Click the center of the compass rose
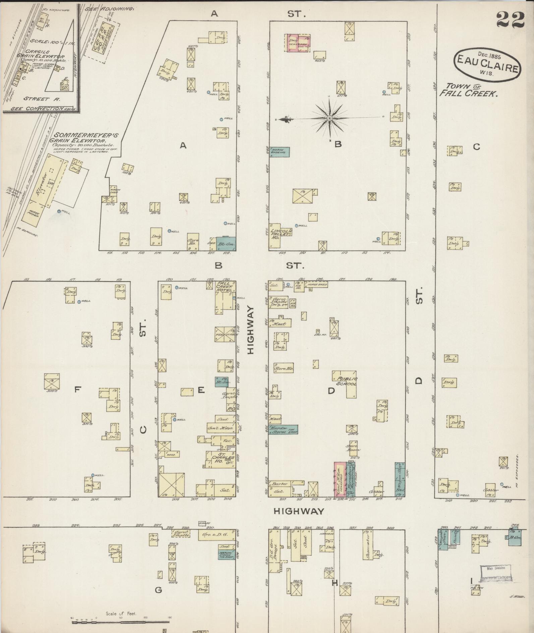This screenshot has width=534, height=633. (330, 118)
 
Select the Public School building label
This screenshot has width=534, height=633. (345, 381)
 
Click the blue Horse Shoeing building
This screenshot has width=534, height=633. (280, 152)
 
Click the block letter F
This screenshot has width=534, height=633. (77, 389)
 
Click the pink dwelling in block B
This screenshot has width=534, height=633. (298, 43)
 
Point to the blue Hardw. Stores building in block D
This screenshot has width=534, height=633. (283, 429)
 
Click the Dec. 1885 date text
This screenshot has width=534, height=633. (489, 54)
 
